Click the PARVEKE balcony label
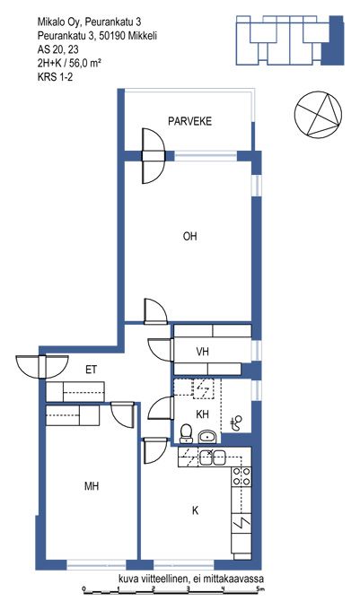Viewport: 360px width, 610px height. point(190,121)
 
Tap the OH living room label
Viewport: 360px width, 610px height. point(190,236)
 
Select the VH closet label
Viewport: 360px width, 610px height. point(202,352)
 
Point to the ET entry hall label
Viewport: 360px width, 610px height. point(91,370)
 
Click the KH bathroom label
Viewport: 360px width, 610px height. point(202,414)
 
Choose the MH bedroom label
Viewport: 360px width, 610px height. point(92,486)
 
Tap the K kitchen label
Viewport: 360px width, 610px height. point(196,510)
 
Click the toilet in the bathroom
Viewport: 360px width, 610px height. point(187,434)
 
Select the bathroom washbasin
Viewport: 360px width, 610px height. point(208,437)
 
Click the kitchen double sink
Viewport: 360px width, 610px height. point(213,457)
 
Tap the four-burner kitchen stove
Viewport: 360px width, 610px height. point(241,476)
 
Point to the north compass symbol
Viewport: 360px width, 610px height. point(318,115)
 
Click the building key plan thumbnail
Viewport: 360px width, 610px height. point(290,40)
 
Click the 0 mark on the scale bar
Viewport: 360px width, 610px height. point(84,588)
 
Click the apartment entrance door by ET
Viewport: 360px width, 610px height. point(42,367)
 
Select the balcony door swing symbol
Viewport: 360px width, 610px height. point(154,156)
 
